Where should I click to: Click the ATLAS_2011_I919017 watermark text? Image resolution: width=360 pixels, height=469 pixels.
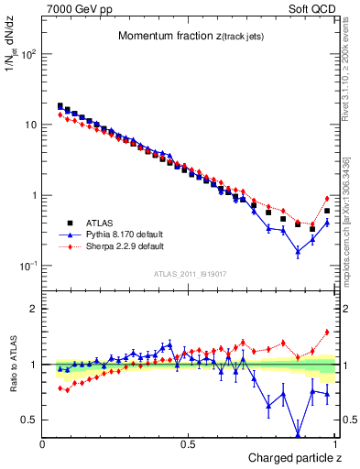(189, 273)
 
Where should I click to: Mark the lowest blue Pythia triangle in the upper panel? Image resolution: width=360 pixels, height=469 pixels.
(298, 251)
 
